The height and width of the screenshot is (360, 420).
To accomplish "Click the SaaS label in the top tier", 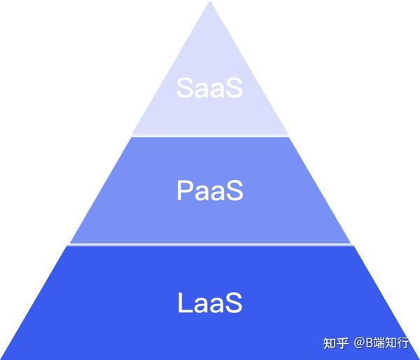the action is tap(209, 88).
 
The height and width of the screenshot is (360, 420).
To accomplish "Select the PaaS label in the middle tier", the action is tap(210, 191).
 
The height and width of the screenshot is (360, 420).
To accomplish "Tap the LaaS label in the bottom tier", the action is tap(210, 303).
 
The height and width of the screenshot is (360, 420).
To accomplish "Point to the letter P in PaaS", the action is tap(185, 191).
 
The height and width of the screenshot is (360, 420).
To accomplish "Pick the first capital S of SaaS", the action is tap(185, 88).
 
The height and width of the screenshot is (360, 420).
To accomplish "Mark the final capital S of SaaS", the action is tap(234, 88).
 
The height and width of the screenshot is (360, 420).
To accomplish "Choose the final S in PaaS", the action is tap(234, 191).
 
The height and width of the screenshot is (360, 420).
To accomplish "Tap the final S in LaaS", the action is tap(234, 303).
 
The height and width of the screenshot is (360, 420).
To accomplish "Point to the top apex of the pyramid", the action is tap(210, 1).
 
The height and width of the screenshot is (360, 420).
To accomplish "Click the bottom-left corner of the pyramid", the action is tap(1, 359).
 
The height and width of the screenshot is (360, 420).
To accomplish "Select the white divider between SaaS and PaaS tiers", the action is tap(210, 136).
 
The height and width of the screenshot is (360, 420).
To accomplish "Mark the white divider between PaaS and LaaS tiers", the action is tap(211, 244).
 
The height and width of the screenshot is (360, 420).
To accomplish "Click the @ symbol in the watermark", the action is tap(360, 343).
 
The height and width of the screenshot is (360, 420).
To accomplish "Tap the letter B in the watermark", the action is tap(370, 342).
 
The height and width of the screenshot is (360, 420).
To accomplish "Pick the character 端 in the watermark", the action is tap(379, 343).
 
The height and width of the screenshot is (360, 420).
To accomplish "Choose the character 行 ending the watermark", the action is tap(402, 343).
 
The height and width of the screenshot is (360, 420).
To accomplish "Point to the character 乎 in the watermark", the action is tap(342, 343).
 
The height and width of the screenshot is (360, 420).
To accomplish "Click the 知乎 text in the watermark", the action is tap(336, 343).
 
